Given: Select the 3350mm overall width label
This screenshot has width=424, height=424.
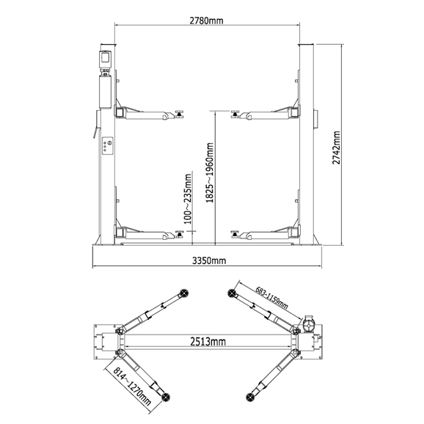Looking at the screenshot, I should click(208, 260).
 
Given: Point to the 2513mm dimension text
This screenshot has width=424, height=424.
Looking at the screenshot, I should click(207, 341).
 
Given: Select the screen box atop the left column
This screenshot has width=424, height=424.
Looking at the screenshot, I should click(105, 57).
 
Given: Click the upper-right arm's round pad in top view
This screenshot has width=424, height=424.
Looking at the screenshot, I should click(234, 292).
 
